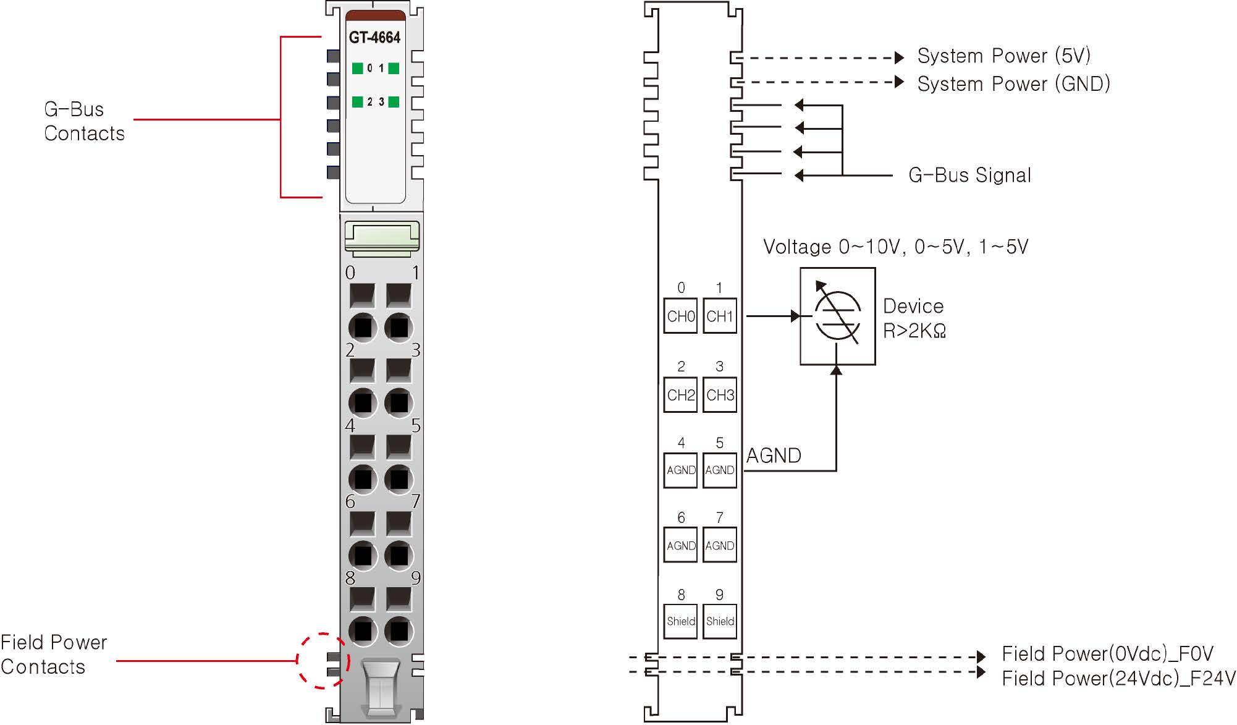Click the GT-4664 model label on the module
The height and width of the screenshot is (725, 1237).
pos(374,38)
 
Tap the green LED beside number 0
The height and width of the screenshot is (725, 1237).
pos(357,68)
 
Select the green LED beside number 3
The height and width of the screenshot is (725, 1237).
pos(394,102)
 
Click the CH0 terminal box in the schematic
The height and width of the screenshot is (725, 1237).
pos(680,316)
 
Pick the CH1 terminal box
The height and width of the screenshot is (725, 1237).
pos(720,316)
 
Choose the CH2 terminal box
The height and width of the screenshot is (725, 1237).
pos(680,395)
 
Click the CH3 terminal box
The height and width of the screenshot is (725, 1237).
pos(720,395)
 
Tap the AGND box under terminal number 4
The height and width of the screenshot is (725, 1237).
pos(680,470)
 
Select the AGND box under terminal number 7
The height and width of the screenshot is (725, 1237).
pos(720,546)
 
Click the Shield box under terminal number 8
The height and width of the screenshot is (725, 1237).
pos(680,621)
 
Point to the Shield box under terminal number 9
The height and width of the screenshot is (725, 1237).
pos(720,621)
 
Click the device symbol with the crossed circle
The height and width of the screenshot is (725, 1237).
pos(837,316)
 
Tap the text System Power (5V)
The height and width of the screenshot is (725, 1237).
pos(1003,56)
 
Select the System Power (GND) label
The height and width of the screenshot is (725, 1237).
pos(1013,83)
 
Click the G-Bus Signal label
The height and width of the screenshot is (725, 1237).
pos(969,176)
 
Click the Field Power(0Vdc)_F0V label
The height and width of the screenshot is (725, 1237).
pos(1107,653)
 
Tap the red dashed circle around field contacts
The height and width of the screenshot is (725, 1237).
pos(323,660)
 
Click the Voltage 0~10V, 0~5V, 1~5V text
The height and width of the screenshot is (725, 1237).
pos(895,247)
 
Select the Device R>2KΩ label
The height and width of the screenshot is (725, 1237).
pos(914,318)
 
